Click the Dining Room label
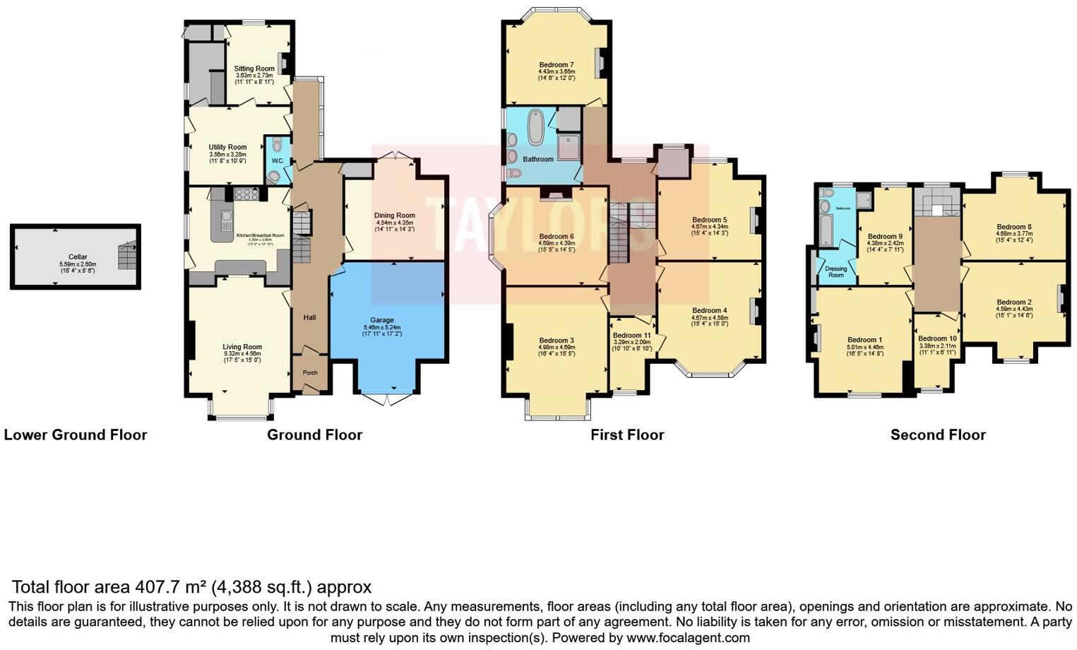click(x=395, y=215)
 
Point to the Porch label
click(x=310, y=372)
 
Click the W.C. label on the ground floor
click(x=278, y=161)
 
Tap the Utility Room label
click(x=227, y=147)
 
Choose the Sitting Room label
click(x=254, y=69)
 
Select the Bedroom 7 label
click(x=557, y=64)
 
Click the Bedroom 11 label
click(x=631, y=336)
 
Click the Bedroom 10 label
click(x=937, y=339)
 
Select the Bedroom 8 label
click(x=1014, y=227)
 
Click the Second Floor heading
click(x=937, y=435)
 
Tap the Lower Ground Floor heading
click(x=76, y=435)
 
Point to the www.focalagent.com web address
click(x=688, y=638)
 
